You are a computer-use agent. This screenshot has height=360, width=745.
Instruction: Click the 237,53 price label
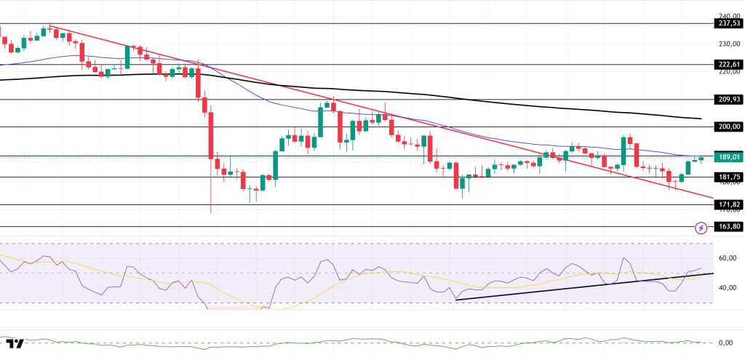(727, 23)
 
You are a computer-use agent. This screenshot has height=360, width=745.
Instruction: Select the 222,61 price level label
(727, 64)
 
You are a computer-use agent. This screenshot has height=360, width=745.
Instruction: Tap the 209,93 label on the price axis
(727, 99)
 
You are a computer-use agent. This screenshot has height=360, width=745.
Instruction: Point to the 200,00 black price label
(727, 127)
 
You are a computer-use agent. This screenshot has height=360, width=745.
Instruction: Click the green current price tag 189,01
(727, 156)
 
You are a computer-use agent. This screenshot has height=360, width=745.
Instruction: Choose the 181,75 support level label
(727, 177)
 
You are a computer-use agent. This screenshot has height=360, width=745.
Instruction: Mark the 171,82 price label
(727, 205)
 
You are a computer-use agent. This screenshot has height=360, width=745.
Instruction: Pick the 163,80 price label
(727, 227)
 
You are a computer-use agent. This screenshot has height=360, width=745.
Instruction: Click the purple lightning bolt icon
(701, 228)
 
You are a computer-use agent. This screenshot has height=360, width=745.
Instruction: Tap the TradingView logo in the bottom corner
(14, 343)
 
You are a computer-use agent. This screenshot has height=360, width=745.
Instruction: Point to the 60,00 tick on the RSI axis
(727, 258)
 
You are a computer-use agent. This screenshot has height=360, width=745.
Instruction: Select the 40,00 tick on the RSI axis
(727, 287)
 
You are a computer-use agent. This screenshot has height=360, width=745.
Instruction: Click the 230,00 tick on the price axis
(727, 44)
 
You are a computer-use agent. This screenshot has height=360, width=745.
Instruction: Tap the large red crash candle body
(210, 135)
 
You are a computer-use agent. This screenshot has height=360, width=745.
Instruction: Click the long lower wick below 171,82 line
(211, 196)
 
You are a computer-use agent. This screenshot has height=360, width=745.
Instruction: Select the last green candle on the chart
(701, 158)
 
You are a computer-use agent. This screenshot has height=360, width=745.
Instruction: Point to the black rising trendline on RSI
(582, 286)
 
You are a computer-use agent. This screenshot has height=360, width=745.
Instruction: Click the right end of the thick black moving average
(700, 118)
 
